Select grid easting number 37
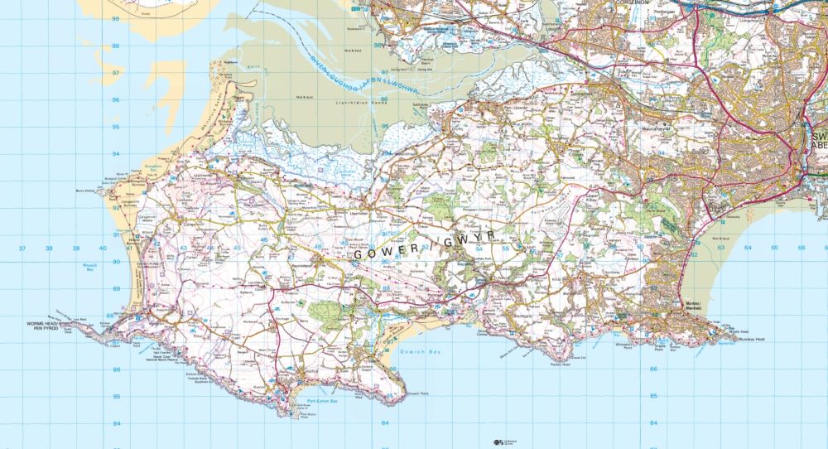pyautogui.click(x=22, y=248)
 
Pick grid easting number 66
pyautogui.click(x=802, y=247)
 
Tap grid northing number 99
pyautogui.click(x=116, y=18)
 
